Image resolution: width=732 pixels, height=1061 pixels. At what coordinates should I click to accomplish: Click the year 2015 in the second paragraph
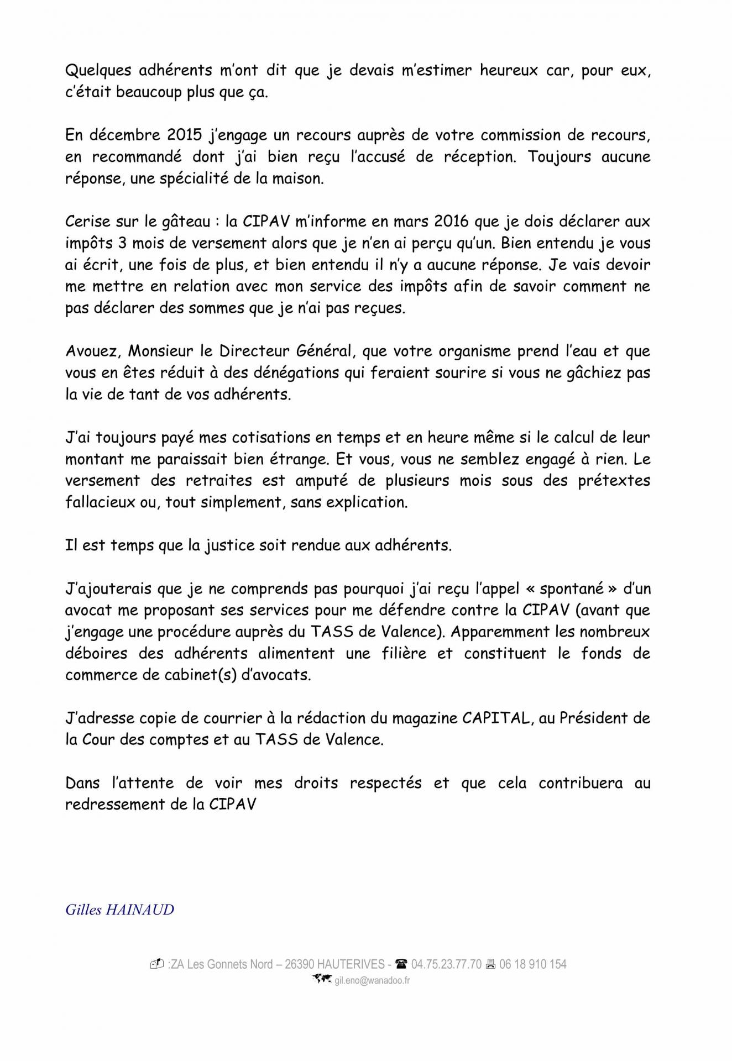pyautogui.click(x=186, y=135)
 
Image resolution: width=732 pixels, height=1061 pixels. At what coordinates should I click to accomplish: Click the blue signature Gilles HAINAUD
pyautogui.click(x=119, y=910)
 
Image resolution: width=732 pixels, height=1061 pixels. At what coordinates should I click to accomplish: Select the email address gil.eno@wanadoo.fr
pyautogui.click(x=372, y=981)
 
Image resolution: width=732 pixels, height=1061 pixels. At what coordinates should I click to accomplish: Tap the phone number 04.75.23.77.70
pyautogui.click(x=446, y=964)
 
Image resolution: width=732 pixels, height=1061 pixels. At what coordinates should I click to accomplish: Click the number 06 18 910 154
pyautogui.click(x=533, y=964)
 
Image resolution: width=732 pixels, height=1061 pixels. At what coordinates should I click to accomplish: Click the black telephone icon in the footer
pyautogui.click(x=401, y=964)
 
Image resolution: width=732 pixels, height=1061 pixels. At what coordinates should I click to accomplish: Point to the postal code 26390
pyautogui.click(x=299, y=964)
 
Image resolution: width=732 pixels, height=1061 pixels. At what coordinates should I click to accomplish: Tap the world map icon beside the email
pyautogui.click(x=322, y=979)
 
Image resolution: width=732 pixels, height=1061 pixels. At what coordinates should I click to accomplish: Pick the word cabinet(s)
pyautogui.click(x=205, y=675)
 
